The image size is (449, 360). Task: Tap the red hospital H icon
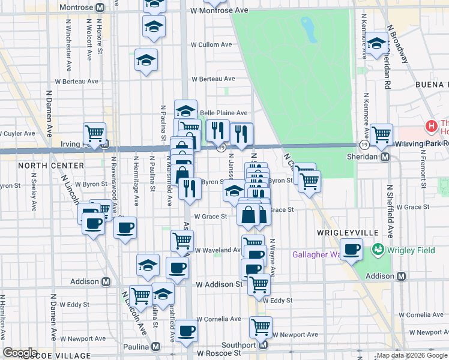(430, 126)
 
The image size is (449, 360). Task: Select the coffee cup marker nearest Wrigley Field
(352, 250)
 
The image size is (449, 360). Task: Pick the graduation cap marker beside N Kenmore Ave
(377, 44)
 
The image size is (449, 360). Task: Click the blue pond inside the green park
(309, 29)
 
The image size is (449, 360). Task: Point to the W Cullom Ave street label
(211, 45)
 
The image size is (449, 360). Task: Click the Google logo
(20, 353)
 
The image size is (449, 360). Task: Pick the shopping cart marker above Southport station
(261, 327)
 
